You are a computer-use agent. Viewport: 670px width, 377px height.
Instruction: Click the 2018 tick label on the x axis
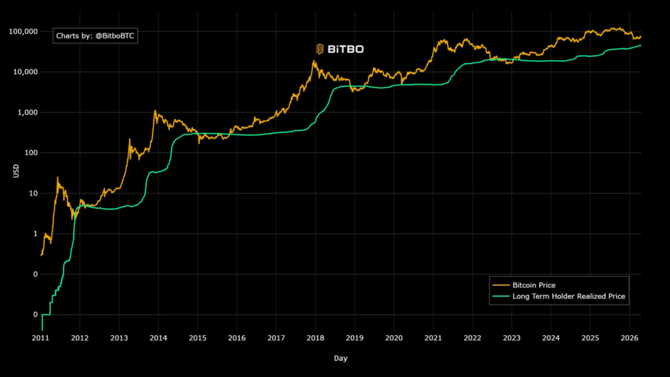point(315,338)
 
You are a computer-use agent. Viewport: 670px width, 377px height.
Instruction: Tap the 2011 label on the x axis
point(41,338)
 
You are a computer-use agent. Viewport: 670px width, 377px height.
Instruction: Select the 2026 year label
point(629,338)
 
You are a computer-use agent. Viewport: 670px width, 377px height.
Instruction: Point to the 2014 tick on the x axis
point(158,338)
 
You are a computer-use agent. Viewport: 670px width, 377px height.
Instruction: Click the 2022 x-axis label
point(472,338)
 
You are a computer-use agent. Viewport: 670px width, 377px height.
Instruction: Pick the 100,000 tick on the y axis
point(24,31)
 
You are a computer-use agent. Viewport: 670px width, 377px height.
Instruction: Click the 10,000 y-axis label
point(26,72)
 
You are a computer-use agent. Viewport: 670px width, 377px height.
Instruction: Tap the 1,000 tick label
point(28,113)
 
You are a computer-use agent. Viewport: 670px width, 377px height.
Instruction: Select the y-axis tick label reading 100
point(31,153)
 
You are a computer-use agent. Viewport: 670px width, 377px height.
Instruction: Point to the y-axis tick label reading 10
point(33,194)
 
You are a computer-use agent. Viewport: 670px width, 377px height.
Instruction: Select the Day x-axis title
point(340,359)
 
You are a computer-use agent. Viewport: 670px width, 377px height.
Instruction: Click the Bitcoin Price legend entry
point(534,285)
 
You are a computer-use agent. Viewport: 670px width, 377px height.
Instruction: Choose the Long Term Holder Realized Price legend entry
point(569,296)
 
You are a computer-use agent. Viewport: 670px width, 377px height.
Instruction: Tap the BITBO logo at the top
point(340,48)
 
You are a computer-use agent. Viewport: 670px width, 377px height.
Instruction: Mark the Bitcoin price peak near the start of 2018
point(314,61)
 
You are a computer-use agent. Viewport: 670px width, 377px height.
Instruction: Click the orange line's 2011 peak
point(58,177)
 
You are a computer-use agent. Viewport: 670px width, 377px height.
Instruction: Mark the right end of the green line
point(641,45)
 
